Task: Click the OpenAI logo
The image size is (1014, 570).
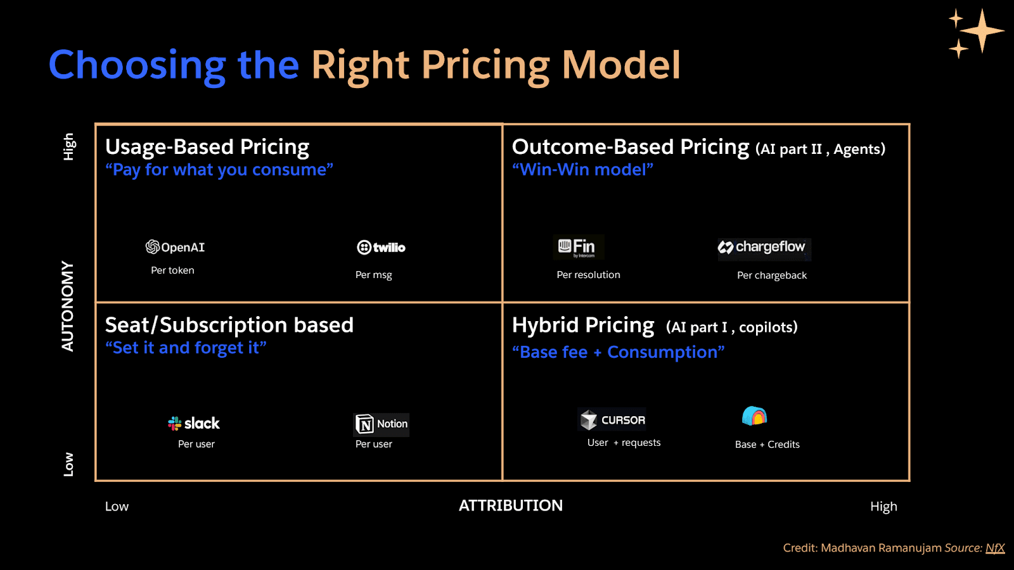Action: (175, 247)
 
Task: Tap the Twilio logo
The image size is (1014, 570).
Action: (381, 247)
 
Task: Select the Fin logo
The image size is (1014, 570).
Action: (577, 247)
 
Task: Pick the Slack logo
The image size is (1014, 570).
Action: (194, 423)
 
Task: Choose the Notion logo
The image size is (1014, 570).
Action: (382, 424)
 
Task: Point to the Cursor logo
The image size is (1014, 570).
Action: (613, 420)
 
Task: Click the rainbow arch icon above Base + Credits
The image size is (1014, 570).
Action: (754, 416)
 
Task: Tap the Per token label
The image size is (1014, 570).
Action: (172, 270)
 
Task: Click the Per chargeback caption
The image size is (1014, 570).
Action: (771, 275)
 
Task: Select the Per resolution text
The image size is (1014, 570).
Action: (588, 275)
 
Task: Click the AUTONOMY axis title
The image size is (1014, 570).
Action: (68, 306)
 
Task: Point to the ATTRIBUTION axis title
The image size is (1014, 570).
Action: (510, 505)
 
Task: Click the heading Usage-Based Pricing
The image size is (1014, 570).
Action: (207, 147)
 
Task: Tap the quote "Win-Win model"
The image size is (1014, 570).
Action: (582, 170)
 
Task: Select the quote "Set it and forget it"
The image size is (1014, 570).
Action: (186, 348)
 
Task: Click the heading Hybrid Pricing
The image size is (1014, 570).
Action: (582, 326)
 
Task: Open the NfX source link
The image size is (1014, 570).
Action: (995, 548)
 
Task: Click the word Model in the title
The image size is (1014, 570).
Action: (621, 65)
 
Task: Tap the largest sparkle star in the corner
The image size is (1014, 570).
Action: (982, 30)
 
